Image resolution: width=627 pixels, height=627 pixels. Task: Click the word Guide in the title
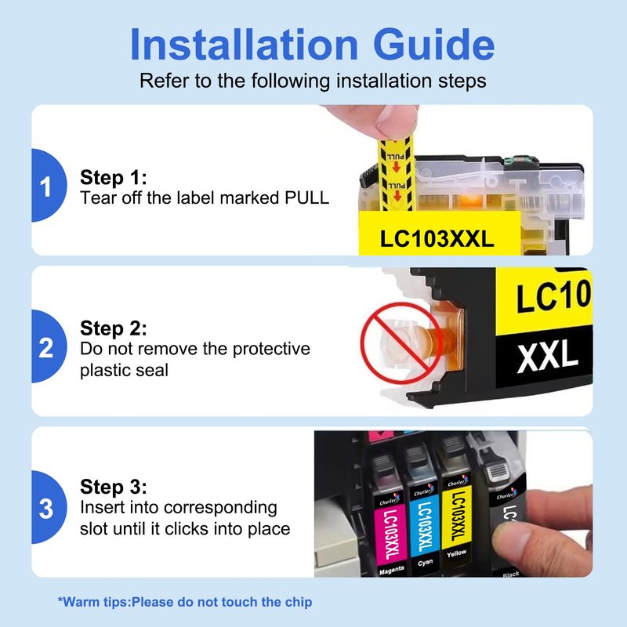coord(434,45)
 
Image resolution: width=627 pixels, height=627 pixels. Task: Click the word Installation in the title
coord(244,45)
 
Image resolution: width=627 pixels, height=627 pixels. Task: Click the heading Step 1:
coord(114,177)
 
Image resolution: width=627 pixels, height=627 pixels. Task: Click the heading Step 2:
coord(114,328)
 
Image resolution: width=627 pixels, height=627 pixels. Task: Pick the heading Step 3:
coord(114,487)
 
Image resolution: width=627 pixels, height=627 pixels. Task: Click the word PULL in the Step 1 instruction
coord(306,198)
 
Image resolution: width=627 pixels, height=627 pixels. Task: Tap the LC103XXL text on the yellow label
coord(437,239)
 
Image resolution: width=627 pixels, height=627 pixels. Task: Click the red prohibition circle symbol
coord(400,343)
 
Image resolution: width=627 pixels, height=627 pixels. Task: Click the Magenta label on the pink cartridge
coord(391,570)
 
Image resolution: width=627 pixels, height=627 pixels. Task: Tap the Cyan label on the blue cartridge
coord(425,562)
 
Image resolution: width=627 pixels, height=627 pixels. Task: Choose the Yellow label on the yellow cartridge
coord(456,553)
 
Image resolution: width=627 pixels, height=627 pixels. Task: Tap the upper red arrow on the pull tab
coord(397,167)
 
